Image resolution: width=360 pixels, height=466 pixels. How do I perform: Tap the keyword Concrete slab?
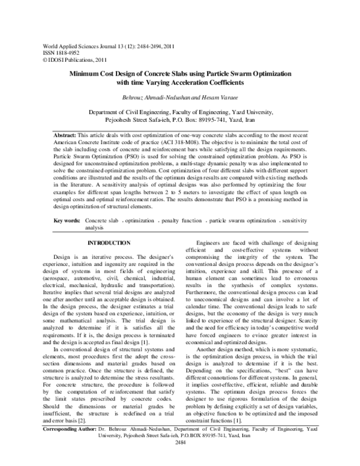click(103, 221)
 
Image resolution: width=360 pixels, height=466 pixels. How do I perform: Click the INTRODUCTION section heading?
click(109, 242)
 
